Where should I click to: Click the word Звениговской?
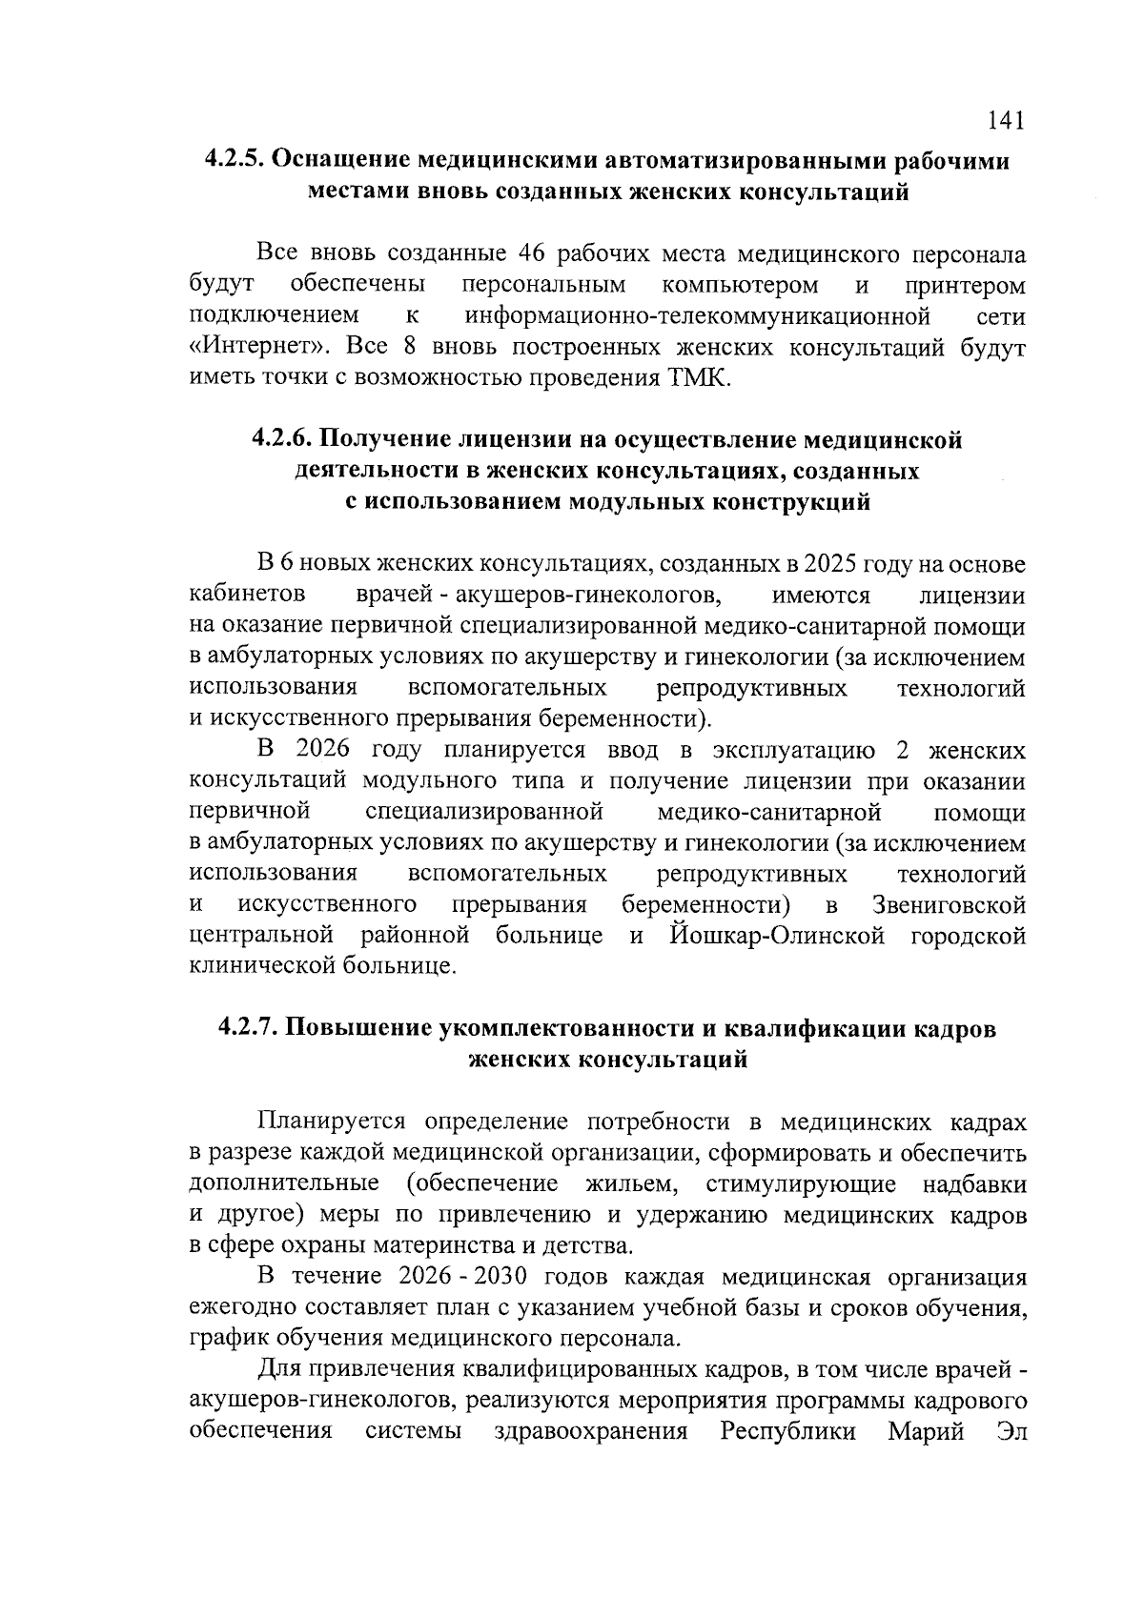[x=949, y=904]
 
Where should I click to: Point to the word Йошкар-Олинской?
[x=777, y=936]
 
